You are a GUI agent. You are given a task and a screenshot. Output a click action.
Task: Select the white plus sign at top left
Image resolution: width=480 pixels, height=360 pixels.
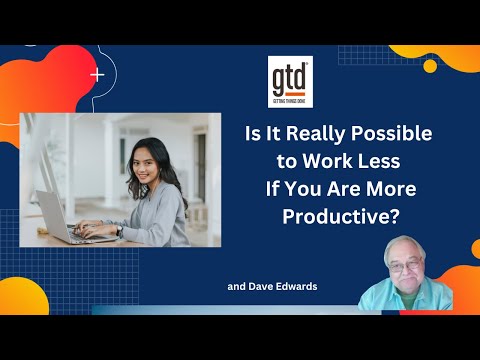pos(97,74)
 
